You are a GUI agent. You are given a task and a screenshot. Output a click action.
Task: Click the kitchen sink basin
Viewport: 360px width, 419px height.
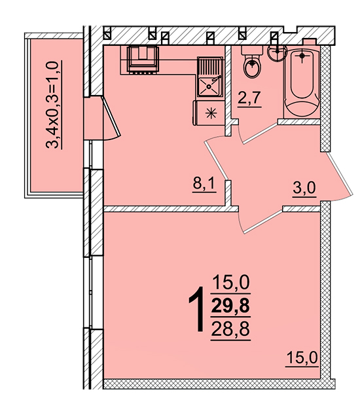[x=209, y=86]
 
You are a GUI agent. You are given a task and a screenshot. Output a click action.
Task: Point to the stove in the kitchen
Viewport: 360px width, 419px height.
[x=143, y=60]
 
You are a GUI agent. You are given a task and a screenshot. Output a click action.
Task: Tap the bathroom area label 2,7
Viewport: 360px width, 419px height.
[x=249, y=99]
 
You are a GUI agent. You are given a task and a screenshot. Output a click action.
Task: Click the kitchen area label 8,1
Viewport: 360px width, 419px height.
[x=204, y=185]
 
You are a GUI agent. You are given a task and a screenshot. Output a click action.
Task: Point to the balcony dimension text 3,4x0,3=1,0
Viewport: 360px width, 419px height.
[x=53, y=105]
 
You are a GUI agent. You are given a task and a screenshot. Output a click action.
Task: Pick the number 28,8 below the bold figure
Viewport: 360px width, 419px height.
[x=230, y=329]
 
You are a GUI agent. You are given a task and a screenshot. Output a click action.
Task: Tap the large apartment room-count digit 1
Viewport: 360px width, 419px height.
[x=197, y=309]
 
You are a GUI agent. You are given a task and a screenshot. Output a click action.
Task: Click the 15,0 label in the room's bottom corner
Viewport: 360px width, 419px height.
[x=302, y=358]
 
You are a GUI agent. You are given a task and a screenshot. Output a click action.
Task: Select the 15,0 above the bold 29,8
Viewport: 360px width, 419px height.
[x=231, y=283]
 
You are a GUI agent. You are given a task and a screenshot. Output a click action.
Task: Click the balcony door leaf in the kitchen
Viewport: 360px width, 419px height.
[x=111, y=117]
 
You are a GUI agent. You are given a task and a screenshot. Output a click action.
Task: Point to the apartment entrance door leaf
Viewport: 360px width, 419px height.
[x=340, y=173]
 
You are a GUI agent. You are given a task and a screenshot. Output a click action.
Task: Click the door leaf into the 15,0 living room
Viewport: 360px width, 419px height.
[x=263, y=221]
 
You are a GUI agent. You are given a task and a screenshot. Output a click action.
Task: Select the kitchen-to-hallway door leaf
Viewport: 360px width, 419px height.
[x=216, y=160]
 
